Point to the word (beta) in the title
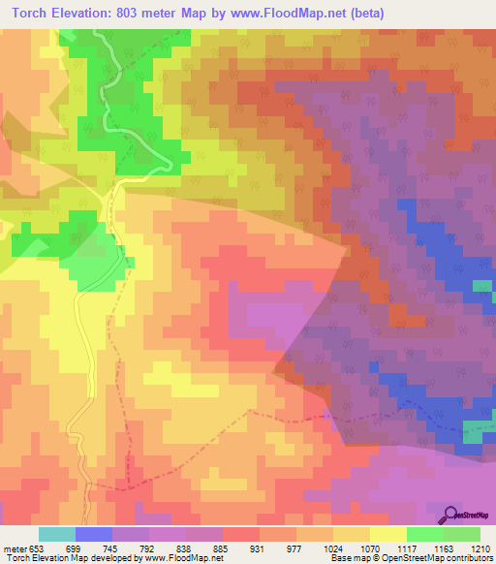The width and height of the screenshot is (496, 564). click(x=365, y=14)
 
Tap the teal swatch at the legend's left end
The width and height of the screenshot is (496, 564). click(x=57, y=533)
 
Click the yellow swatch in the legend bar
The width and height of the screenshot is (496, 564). click(x=388, y=533)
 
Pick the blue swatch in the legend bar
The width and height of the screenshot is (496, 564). click(x=94, y=533)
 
